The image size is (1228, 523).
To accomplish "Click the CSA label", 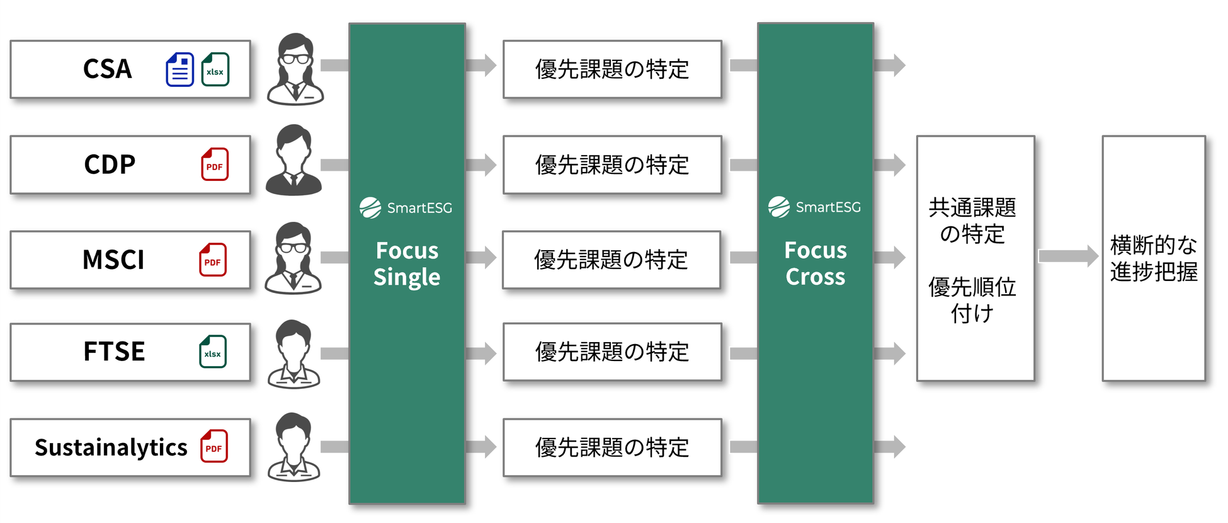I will [x=108, y=69].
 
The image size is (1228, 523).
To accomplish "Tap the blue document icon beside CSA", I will [x=179, y=69].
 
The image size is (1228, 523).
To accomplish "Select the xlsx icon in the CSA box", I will [x=215, y=69].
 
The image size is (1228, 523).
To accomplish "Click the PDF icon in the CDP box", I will [x=215, y=164].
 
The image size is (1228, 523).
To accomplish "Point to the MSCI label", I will [x=113, y=260].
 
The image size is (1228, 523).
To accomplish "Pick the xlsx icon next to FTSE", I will [x=213, y=352].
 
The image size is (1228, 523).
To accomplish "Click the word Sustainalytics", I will [x=111, y=447].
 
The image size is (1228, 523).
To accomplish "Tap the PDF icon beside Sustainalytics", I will [x=214, y=447].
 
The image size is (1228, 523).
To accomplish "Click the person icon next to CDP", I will [x=293, y=161].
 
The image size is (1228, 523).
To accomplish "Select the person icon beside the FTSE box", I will [x=293, y=354].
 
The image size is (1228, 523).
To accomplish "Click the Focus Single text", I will [x=407, y=264].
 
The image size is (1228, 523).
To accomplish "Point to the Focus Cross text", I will [x=816, y=263].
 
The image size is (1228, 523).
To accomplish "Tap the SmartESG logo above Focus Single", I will [x=406, y=207].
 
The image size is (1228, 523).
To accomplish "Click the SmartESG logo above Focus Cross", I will [x=814, y=207].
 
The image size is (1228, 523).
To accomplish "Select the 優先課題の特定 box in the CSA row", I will [x=612, y=69].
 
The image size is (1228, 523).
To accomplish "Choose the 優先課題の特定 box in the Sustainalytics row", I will [x=612, y=447].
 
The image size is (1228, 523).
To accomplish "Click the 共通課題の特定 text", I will [x=972, y=221].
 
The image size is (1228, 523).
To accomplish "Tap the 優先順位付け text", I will [x=972, y=300].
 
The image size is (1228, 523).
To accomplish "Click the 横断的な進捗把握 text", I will [x=1154, y=258].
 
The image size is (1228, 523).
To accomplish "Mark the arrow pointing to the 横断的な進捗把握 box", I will [x=1068, y=256].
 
